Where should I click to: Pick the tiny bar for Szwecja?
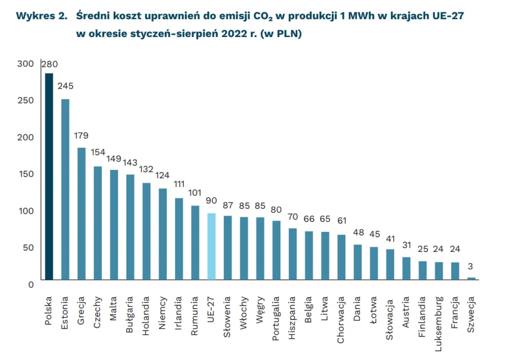point(471,279)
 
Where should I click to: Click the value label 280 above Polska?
point(49,64)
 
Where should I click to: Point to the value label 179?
point(81,136)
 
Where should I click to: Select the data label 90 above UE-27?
point(211,201)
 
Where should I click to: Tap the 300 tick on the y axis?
point(25,64)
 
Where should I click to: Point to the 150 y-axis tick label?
point(25,174)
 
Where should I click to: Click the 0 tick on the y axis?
point(30,284)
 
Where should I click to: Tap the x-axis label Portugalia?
point(276,314)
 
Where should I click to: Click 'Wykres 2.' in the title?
point(42,16)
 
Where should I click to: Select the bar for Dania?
point(357,262)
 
